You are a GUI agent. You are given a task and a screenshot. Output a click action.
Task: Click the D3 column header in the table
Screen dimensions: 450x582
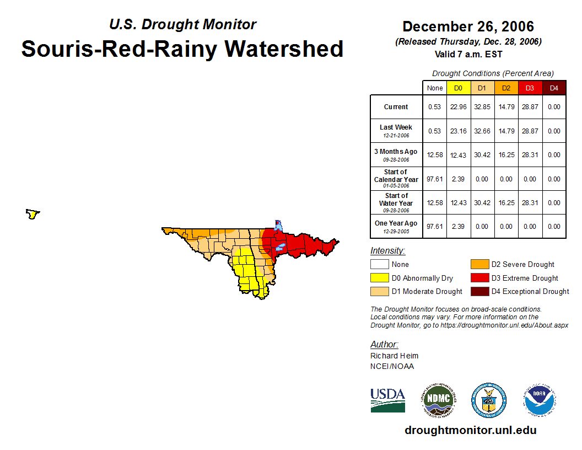click(x=530, y=88)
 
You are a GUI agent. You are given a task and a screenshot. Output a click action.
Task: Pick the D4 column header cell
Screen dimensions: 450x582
click(x=554, y=88)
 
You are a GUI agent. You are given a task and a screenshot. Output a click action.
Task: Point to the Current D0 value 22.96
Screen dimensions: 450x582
click(x=459, y=107)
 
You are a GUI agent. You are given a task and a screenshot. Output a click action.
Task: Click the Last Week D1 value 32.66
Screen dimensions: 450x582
click(x=482, y=131)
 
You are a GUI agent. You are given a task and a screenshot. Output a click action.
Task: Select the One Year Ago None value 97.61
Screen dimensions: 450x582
click(x=435, y=227)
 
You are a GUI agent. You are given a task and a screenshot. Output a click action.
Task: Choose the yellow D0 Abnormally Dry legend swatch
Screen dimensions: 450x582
click(x=380, y=278)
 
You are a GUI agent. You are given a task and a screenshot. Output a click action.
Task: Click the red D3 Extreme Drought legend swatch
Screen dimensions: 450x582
click(x=479, y=278)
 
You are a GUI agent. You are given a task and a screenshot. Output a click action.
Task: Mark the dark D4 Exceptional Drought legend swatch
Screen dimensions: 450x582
click(x=479, y=291)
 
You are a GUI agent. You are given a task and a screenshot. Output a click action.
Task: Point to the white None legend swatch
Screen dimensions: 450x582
click(x=380, y=265)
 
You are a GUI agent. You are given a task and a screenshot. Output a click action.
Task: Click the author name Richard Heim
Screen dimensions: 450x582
click(x=394, y=356)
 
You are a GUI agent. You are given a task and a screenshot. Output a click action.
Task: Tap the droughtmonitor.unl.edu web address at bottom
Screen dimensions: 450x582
click(x=470, y=430)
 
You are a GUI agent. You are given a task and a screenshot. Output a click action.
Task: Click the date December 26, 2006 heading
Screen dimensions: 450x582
click(x=468, y=26)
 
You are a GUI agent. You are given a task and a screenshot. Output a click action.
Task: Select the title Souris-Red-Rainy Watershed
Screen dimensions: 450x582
click(x=182, y=49)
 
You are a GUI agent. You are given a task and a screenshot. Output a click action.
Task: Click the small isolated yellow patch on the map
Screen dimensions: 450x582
click(x=33, y=214)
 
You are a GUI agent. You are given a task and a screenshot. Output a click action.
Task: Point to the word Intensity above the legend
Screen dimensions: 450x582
click(x=387, y=251)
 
